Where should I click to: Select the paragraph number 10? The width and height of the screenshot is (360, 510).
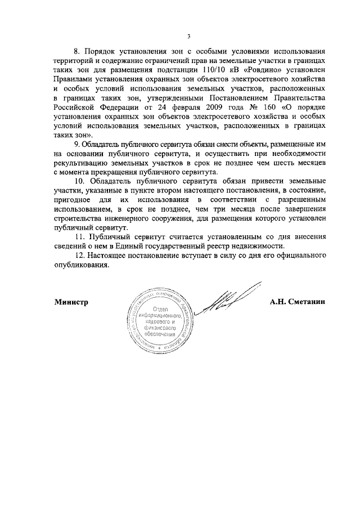tap(79, 182)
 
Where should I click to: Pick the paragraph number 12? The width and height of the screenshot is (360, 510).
tap(79, 257)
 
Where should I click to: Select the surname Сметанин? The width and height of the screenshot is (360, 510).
tap(309, 302)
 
